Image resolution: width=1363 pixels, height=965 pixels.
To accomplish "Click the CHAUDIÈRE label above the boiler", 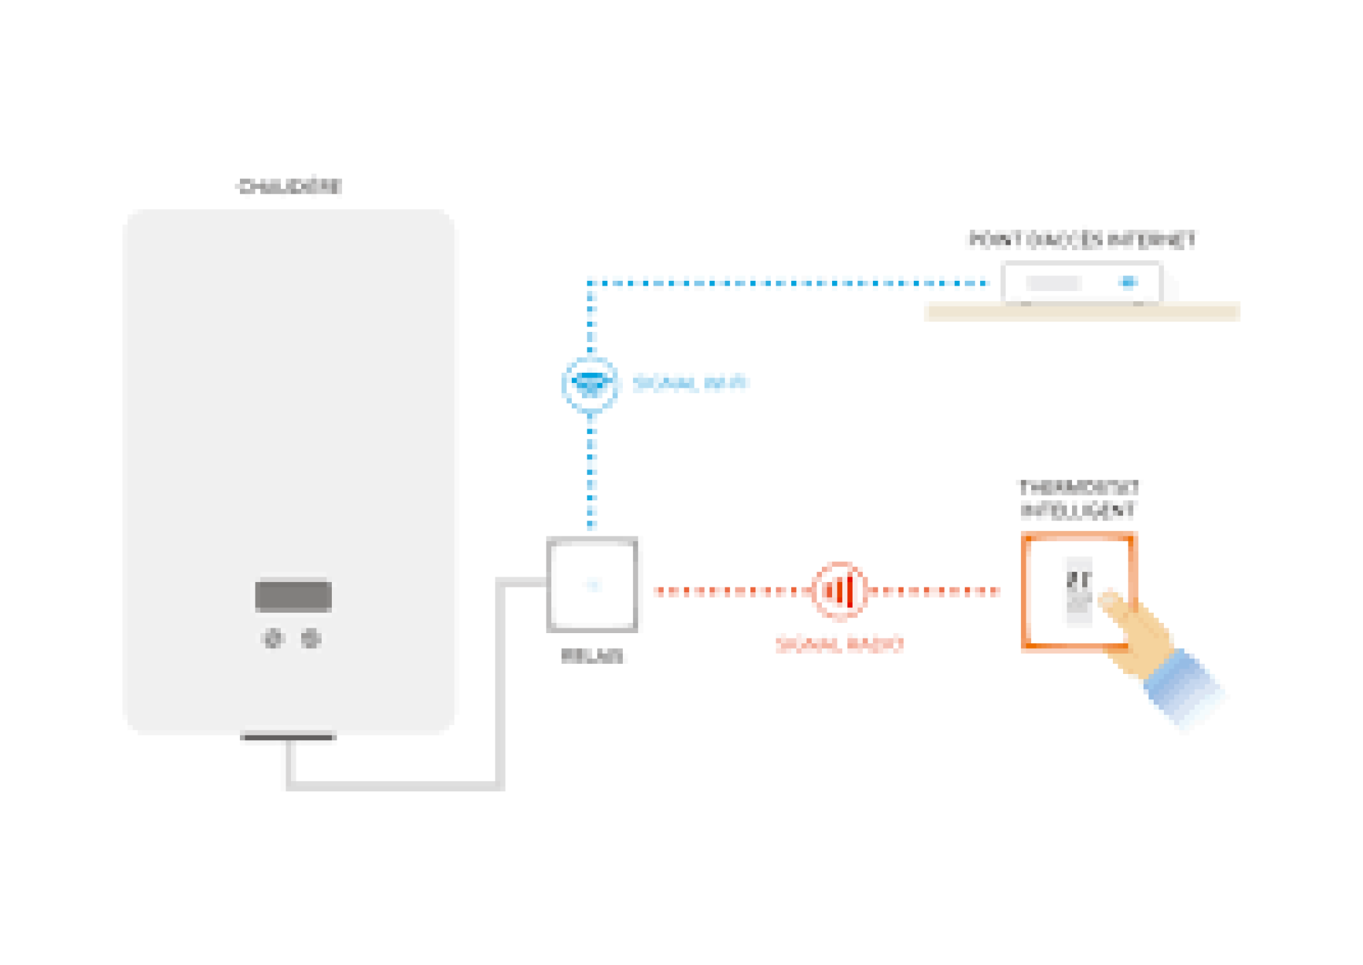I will click(289, 186).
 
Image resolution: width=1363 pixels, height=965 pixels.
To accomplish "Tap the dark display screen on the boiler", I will click(293, 595).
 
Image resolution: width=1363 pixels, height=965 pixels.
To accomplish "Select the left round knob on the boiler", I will click(273, 639).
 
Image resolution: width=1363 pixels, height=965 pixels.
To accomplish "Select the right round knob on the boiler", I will click(311, 639).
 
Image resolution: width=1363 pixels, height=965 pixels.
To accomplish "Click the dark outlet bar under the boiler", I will click(288, 736).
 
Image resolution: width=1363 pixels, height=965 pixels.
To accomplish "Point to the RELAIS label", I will click(592, 656).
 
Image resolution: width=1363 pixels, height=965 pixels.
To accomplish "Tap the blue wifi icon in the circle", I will click(590, 384).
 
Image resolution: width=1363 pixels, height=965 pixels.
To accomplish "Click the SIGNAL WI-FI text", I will click(690, 383).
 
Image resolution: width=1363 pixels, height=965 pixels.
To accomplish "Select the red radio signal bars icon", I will click(840, 590).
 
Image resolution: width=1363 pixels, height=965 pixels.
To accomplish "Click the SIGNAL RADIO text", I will click(840, 644).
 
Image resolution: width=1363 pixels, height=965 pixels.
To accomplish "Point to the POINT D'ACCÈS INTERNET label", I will click(1082, 240).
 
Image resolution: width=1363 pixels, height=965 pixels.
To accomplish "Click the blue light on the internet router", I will click(1129, 282).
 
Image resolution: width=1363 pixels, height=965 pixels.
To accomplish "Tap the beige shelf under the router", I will click(1082, 313).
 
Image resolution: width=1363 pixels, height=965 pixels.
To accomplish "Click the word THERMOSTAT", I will click(1078, 488).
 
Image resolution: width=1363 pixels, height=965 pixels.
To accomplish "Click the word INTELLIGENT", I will click(1078, 510).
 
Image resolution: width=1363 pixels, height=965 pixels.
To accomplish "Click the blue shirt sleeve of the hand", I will click(1182, 685).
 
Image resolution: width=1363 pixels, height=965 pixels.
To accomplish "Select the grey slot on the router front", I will click(1053, 282).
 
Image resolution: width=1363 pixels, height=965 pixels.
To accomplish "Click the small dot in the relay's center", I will click(593, 585).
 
